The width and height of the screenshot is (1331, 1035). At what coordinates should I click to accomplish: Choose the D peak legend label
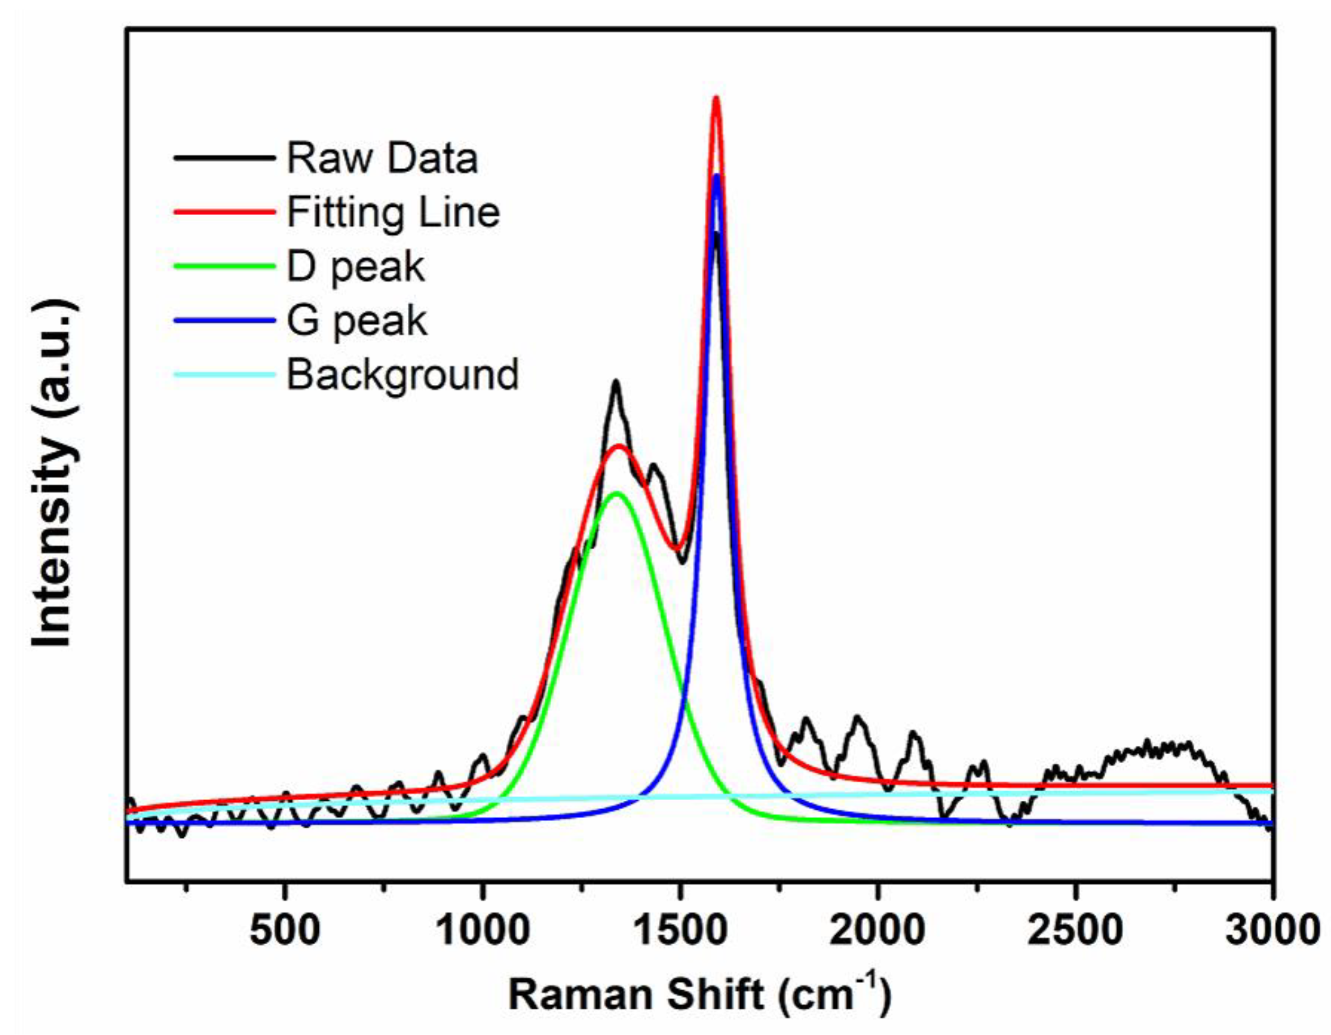(355, 266)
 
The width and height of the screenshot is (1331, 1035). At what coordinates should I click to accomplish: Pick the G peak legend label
(356, 321)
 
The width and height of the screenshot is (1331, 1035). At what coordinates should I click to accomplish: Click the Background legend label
(402, 374)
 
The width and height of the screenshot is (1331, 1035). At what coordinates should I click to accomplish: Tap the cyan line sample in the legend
(224, 374)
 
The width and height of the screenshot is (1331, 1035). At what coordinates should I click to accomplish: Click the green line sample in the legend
(224, 266)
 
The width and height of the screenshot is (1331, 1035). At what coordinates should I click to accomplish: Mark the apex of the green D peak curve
(617, 493)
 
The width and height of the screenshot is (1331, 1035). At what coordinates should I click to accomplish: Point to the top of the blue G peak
(716, 175)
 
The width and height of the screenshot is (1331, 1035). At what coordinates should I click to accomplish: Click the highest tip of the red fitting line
(716, 98)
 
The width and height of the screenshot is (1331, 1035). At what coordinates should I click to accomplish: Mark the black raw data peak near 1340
(616, 382)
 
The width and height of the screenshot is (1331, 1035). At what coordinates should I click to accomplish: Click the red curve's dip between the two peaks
(677, 549)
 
